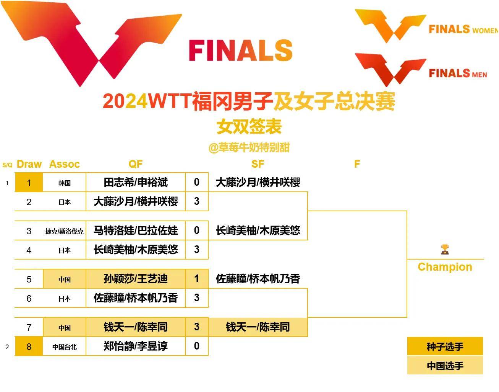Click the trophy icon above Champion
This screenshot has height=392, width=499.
[x=445, y=250]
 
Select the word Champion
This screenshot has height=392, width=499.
[x=445, y=267]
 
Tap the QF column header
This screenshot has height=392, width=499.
[x=136, y=164]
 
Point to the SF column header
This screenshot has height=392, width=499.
[x=258, y=164]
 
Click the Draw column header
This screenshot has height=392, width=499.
[x=29, y=164]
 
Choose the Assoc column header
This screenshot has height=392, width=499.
[x=65, y=164]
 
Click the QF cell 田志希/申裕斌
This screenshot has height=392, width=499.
[x=136, y=182]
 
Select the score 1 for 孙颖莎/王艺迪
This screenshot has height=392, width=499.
[x=196, y=279]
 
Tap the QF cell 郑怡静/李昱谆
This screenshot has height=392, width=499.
[x=136, y=346]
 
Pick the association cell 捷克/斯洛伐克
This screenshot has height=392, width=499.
[x=65, y=231]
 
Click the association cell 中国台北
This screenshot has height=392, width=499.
[x=65, y=347]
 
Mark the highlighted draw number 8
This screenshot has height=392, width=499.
[x=29, y=347]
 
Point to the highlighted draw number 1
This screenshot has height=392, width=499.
[x=29, y=183]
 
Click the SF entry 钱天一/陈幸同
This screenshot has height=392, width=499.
[x=258, y=327]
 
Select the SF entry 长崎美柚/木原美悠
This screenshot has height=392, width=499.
[x=258, y=230]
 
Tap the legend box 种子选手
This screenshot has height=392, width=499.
[x=445, y=347]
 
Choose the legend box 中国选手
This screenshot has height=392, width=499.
[x=445, y=366]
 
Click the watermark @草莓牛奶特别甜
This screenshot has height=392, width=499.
[x=249, y=147]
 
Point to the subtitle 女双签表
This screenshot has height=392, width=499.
[x=249, y=127]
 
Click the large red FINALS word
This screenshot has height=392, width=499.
[x=241, y=51]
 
